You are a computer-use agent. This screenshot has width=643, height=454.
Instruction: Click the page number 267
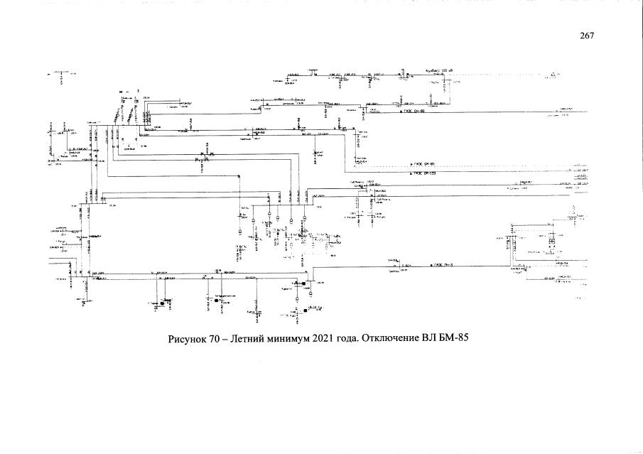pos(586,35)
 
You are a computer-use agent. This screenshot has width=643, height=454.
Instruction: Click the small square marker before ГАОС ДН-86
pos(401,112)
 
